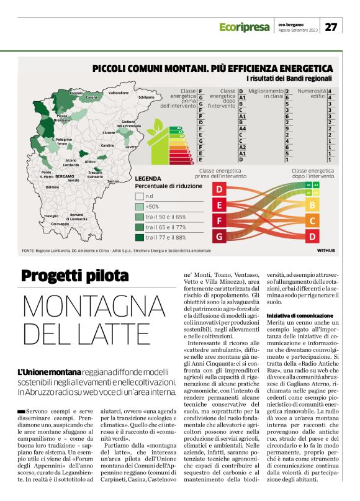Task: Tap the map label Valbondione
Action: [119, 93]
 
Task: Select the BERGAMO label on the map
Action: [65, 176]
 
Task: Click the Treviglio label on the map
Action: [51, 215]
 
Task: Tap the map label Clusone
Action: [109, 132]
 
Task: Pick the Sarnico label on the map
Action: [113, 181]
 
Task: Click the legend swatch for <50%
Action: [139, 206]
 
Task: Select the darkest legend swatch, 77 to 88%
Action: [139, 237]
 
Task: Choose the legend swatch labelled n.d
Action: [139, 196]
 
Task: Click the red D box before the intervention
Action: [218, 189]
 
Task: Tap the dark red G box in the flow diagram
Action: [218, 236]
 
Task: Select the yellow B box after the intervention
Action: [312, 204]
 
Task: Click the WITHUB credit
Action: [325, 250]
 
